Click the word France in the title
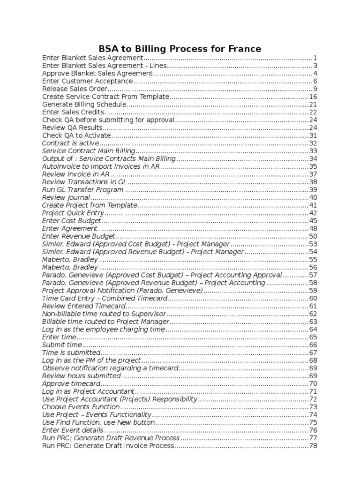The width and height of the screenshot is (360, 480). point(242,49)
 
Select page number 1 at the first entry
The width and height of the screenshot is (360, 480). point(316,58)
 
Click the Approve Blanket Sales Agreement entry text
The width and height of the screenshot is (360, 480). point(97,74)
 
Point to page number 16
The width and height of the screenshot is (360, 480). point(313,97)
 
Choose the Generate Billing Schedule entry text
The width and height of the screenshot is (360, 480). point(84,104)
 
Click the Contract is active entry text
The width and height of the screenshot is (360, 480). point(71,143)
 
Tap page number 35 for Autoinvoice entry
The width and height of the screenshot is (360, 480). point(313,166)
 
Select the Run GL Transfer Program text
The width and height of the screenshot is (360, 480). point(82,189)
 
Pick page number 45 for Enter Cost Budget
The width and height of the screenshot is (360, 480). point(313,220)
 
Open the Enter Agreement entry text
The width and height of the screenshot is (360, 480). point(70,228)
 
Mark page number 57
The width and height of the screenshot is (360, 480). point(313,275)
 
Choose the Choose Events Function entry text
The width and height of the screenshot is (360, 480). point(77,407)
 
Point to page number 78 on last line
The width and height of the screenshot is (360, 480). point(313,445)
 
